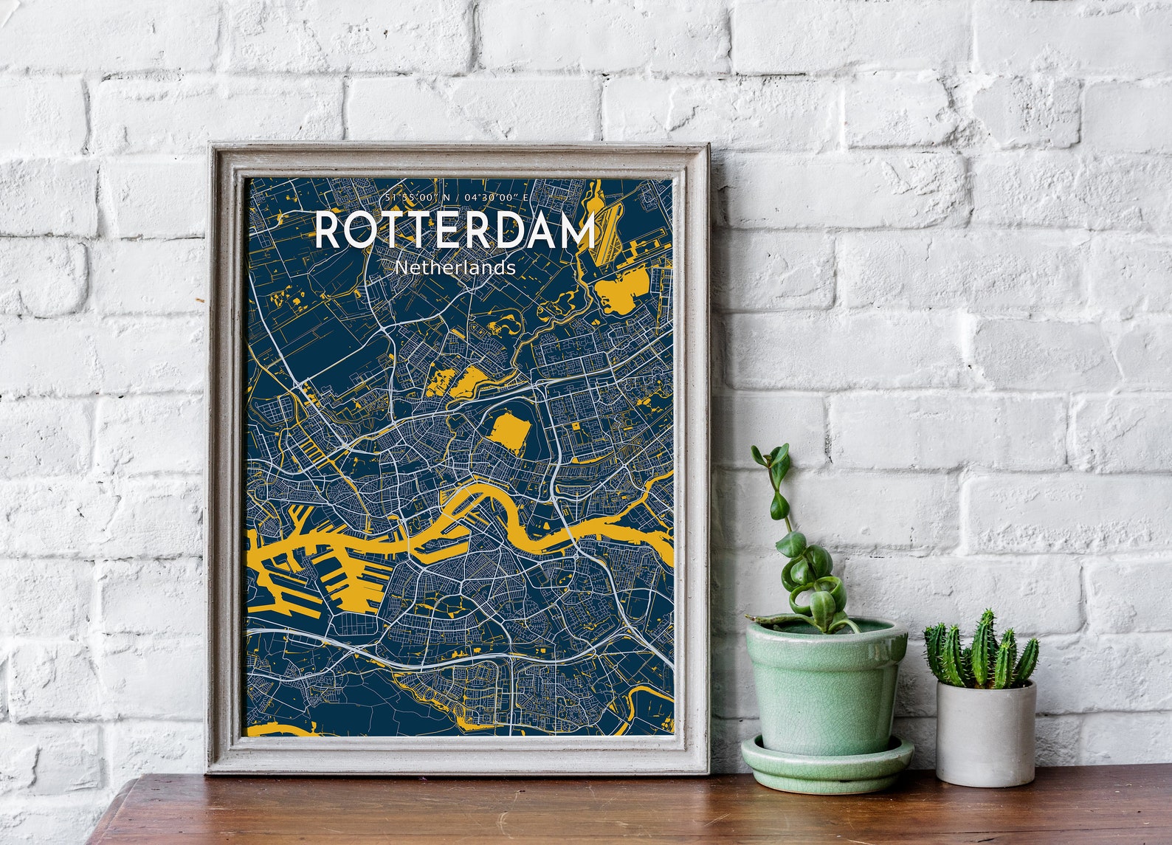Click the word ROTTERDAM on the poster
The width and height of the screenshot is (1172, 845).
coord(455,230)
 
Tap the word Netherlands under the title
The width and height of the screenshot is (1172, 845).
coord(455,267)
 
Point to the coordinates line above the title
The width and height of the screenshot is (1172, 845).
coord(457,198)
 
